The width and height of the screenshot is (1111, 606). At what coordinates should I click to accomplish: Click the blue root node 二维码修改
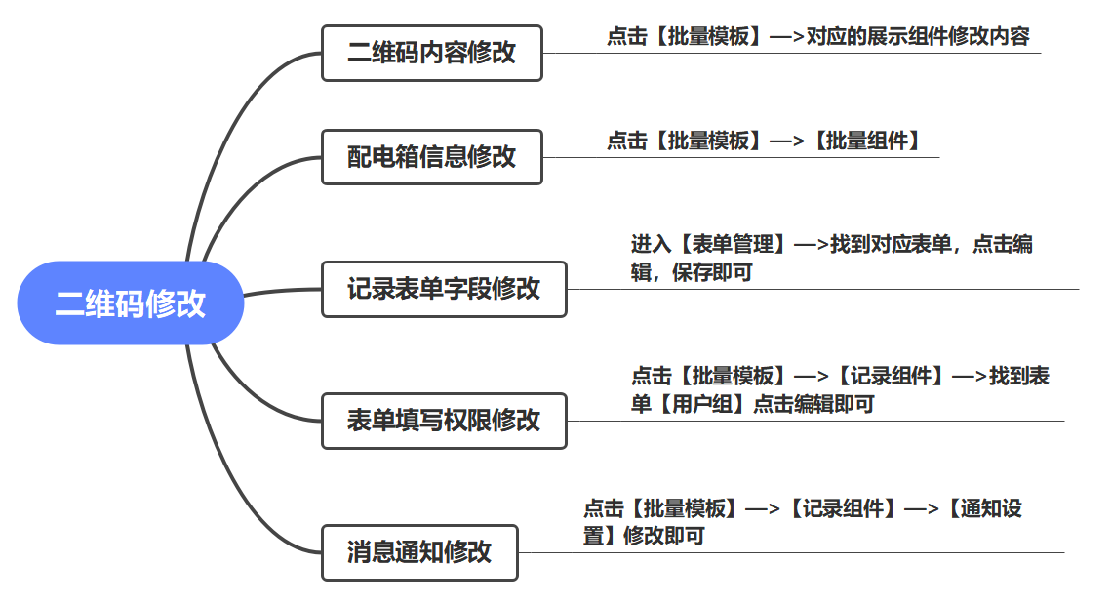(x=130, y=303)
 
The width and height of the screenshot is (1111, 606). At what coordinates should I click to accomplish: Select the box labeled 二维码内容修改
(x=431, y=53)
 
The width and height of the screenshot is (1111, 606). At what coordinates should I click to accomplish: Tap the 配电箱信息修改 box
(x=431, y=157)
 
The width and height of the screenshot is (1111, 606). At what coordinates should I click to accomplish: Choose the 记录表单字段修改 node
(x=444, y=289)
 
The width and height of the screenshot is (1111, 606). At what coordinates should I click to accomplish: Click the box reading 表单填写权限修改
(x=444, y=421)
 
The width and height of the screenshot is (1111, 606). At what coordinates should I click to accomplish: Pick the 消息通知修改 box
(x=419, y=552)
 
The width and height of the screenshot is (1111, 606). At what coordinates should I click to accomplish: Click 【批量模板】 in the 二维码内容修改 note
(x=707, y=37)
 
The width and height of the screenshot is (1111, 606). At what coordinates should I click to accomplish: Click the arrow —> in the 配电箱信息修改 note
(x=786, y=141)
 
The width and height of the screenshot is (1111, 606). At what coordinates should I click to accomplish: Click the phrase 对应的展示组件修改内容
(x=918, y=37)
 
